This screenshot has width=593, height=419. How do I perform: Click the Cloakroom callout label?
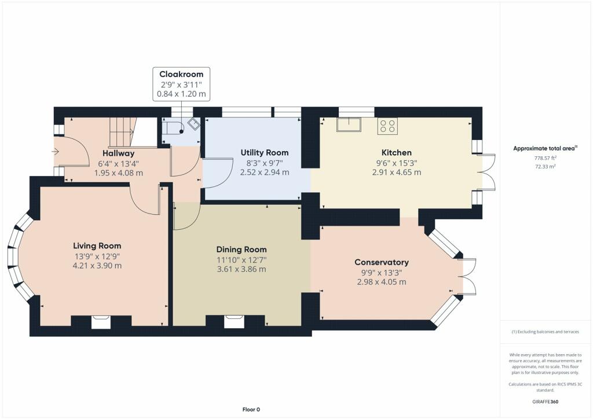(181, 74)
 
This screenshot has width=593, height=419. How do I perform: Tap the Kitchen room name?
(396, 153)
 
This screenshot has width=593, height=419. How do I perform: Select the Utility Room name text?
(264, 153)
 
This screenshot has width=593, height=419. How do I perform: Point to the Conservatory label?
(382, 262)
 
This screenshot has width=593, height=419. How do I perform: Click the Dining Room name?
(241, 249)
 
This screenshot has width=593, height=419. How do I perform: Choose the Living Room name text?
(97, 246)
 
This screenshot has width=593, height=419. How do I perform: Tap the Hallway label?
(118, 153)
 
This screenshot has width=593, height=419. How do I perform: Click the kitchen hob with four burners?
(387, 126)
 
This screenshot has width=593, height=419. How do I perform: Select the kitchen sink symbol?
(349, 124)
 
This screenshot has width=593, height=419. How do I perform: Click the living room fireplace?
(101, 322)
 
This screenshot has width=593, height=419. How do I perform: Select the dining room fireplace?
(235, 322)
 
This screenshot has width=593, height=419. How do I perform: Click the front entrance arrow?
(55, 152)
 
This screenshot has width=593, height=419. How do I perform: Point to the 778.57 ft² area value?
(545, 158)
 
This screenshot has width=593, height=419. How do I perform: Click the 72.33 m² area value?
(545, 166)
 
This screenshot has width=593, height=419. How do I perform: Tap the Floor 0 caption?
(251, 409)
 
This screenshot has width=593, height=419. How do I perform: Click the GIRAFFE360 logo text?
(545, 402)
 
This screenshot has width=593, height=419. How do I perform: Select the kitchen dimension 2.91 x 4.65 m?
(396, 172)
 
